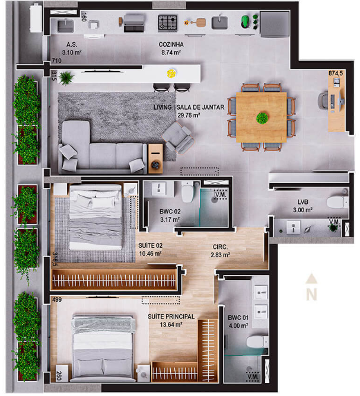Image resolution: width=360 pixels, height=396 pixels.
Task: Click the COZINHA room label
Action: pos(171,44)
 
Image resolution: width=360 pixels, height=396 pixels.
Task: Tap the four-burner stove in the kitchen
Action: pos(168,23)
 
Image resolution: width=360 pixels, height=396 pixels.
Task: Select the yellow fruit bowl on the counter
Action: pos(171,74)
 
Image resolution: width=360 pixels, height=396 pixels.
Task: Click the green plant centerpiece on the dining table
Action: pos(262,118)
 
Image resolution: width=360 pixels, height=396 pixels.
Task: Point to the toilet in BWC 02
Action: pos(187,192)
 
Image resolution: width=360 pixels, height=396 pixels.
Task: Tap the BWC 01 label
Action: pos(238,318)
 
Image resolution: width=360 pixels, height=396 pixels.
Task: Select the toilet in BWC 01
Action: pos(257,341)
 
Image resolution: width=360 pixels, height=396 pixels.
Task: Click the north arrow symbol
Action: pos(311,287)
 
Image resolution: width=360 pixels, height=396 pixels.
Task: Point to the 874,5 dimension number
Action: pos(336,74)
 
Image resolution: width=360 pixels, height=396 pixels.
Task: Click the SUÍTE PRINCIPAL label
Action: pos(171,317)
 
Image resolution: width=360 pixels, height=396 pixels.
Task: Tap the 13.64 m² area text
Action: pos(171,324)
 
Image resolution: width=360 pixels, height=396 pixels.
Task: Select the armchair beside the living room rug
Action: pos(178,138)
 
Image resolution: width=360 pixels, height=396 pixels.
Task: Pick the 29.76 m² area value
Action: pos(189,116)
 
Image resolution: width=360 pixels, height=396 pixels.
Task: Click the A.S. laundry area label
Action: pos(72,44)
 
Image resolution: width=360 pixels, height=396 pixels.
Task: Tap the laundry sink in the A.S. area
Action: pos(66,26)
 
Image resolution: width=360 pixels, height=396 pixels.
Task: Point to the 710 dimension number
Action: pos(56,61)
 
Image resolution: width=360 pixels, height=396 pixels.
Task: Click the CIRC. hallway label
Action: pos(220,247)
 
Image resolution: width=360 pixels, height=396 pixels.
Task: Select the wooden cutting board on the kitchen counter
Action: pos(200,23)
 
